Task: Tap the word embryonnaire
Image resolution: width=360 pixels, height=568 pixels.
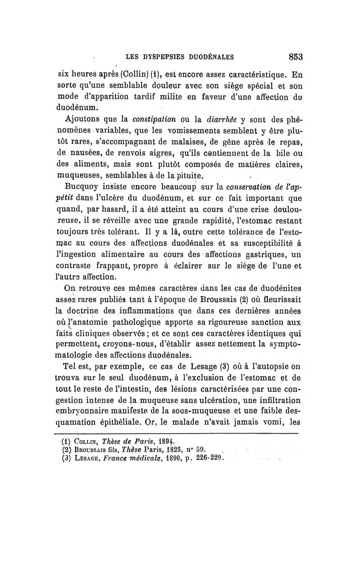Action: [85, 411]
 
